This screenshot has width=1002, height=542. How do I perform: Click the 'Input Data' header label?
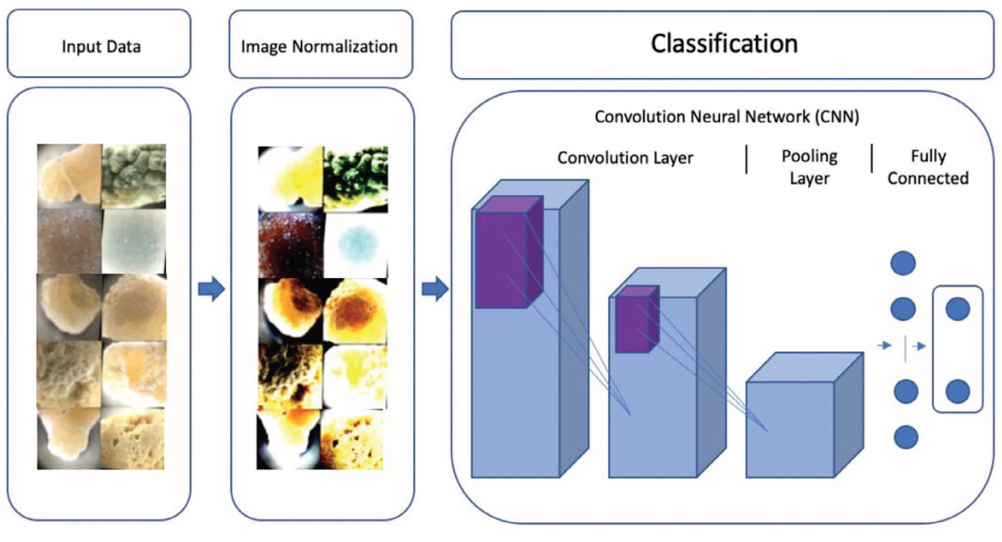pyautogui.click(x=101, y=46)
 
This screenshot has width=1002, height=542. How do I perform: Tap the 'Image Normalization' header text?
pyautogui.click(x=319, y=46)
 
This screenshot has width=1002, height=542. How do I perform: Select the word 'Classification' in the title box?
pyautogui.click(x=724, y=44)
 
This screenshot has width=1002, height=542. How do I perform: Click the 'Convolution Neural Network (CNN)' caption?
pyautogui.click(x=727, y=116)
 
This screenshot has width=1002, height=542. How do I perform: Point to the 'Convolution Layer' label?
pyautogui.click(x=625, y=158)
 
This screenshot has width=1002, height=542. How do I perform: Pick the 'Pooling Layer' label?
pyautogui.click(x=809, y=167)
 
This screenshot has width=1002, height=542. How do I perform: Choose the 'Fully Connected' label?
pyautogui.click(x=928, y=167)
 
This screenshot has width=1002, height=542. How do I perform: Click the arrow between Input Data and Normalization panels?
pyautogui.click(x=211, y=288)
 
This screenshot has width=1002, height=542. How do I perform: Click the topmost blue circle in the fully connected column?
pyautogui.click(x=903, y=263)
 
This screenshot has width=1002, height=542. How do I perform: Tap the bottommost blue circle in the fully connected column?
pyautogui.click(x=906, y=437)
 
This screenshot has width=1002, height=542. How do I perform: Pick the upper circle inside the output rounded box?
pyautogui.click(x=957, y=309)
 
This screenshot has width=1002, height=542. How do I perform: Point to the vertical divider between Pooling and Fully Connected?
pyautogui.click(x=872, y=158)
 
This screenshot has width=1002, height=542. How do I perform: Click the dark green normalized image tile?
pyautogui.click(x=356, y=178)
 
